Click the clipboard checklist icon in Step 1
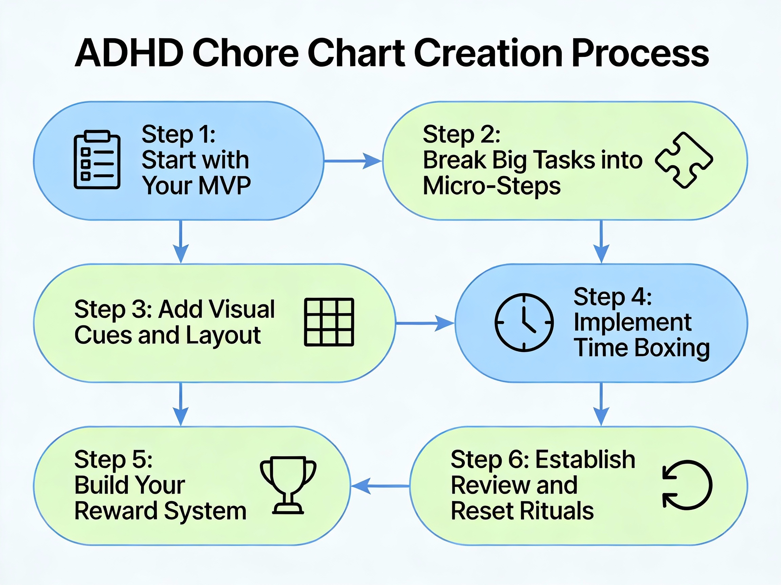click(97, 160)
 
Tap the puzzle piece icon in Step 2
click(684, 160)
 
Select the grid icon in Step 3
click(329, 322)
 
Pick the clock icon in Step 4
click(524, 322)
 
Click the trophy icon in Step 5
click(288, 485)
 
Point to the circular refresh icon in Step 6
click(687, 485)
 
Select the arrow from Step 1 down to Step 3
click(181, 241)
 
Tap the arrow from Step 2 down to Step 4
click(601, 241)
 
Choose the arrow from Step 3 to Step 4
click(424, 323)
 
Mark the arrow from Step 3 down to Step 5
click(181, 404)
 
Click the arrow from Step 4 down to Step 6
click(601, 404)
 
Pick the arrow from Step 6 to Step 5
click(381, 486)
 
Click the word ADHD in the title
click(129, 53)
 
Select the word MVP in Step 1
click(224, 186)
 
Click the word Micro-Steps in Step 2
click(492, 186)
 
